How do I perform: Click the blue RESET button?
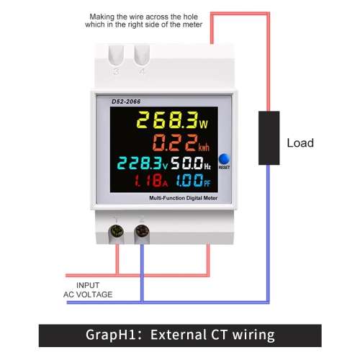click(x=224, y=158)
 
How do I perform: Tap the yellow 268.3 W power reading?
click(x=172, y=120)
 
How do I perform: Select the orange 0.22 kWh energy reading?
click(x=181, y=143)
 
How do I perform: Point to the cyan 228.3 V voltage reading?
click(x=143, y=163)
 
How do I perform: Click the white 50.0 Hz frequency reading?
click(x=191, y=163)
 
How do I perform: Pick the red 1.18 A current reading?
click(x=150, y=181)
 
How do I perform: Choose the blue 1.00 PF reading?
click(x=193, y=181)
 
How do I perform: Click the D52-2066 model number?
click(x=126, y=102)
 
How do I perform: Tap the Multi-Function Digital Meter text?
click(x=184, y=198)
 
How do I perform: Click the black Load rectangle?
click(x=269, y=138)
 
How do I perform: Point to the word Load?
click(x=300, y=143)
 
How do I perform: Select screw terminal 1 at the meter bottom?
click(x=117, y=232)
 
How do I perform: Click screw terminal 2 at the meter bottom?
click(x=142, y=232)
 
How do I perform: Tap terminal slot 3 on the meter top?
click(x=116, y=55)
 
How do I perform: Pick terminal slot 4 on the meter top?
click(x=142, y=55)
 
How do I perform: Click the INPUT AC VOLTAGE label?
click(x=88, y=290)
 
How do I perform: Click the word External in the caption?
click(x=177, y=335)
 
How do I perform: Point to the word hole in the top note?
click(x=191, y=17)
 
